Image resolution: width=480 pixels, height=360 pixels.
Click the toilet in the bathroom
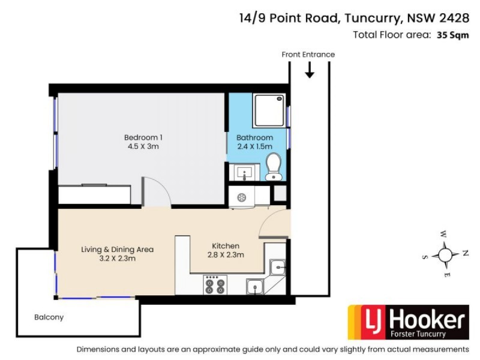pyautogui.click(x=274, y=166)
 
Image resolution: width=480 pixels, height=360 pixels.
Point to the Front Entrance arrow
pyautogui.click(x=310, y=71)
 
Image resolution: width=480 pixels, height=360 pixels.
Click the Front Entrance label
pyautogui.click(x=308, y=55)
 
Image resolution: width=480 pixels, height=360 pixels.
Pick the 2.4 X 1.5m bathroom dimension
pyautogui.click(x=254, y=146)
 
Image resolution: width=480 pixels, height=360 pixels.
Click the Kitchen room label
pyautogui.click(x=226, y=246)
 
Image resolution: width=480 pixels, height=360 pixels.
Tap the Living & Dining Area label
pyautogui.click(x=118, y=249)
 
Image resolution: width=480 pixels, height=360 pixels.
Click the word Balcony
pyautogui.click(x=49, y=317)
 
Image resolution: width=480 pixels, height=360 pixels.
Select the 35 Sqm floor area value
pyautogui.click(x=452, y=35)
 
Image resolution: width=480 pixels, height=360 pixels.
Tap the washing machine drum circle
pyautogui.click(x=241, y=197)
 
